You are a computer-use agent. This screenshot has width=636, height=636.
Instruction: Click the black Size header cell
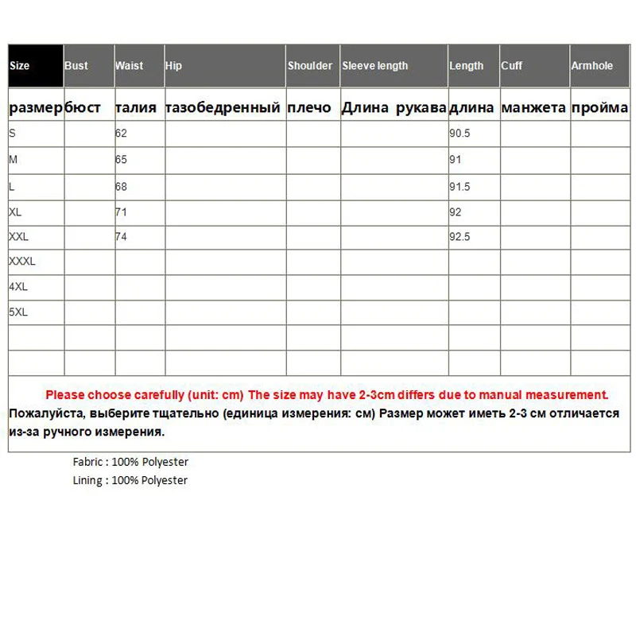coord(36,66)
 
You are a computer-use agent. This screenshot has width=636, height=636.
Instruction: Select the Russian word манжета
coord(533,108)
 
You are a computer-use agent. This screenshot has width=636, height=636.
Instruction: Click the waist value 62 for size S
coord(121,134)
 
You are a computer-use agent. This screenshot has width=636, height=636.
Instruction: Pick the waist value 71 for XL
coord(121,212)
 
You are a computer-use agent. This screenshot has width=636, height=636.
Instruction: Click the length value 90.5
coord(460,134)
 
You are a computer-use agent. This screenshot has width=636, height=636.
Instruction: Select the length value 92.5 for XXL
coord(460,237)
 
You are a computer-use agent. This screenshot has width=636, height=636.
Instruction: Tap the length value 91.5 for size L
coord(460,187)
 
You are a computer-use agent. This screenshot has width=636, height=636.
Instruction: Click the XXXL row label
coord(22,261)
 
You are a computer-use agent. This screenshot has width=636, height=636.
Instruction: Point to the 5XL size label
coord(17,313)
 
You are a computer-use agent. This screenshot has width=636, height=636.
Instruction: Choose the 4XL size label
coord(17,287)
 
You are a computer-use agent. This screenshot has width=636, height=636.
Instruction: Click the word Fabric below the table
coord(87,462)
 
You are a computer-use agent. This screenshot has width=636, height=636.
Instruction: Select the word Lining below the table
coord(87,480)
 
